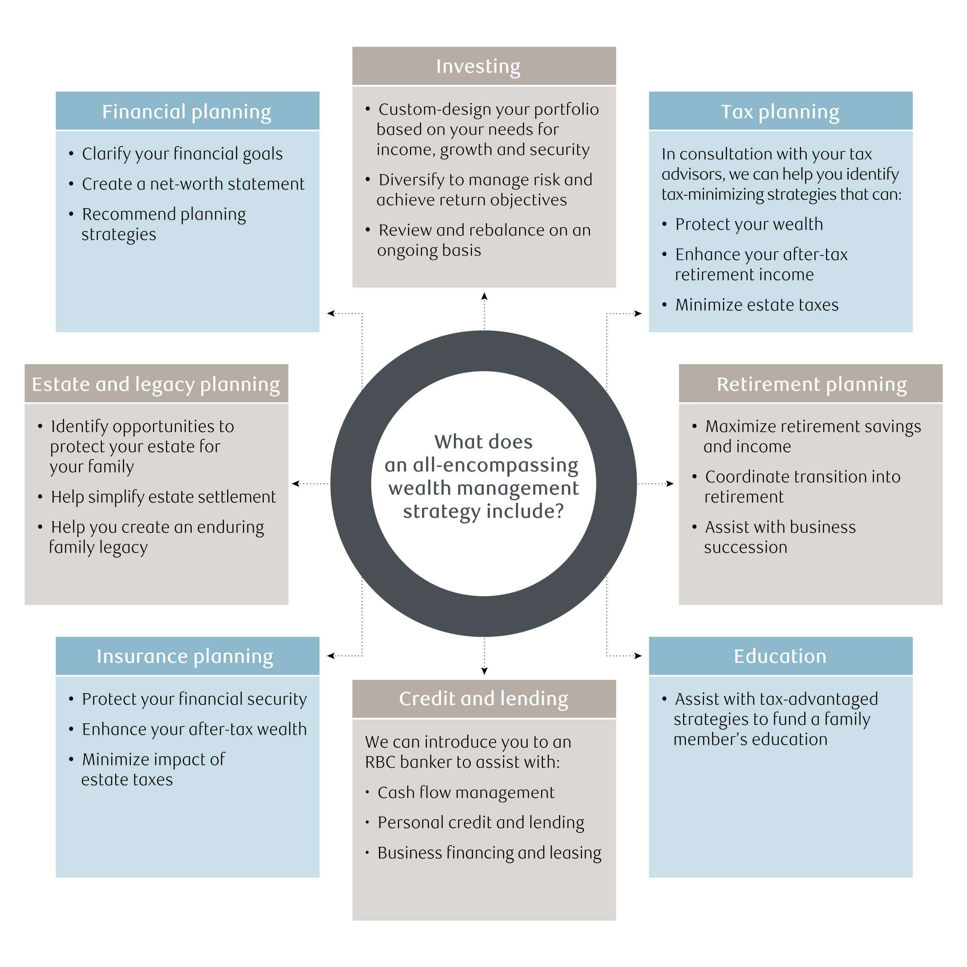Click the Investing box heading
478,66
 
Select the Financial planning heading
187,112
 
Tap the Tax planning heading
780,112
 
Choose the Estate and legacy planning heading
155,384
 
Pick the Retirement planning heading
812,384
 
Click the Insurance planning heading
185,656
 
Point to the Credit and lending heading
483,699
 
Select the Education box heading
780,656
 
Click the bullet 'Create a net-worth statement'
193,184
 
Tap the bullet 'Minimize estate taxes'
756,305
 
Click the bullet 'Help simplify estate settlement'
163,497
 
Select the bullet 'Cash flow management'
466,793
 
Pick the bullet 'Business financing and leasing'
489,853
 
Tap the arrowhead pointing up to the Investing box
484,296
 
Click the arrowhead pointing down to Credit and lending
484,671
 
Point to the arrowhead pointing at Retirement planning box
670,483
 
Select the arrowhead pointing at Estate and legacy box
296,483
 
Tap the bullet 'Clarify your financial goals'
182,154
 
